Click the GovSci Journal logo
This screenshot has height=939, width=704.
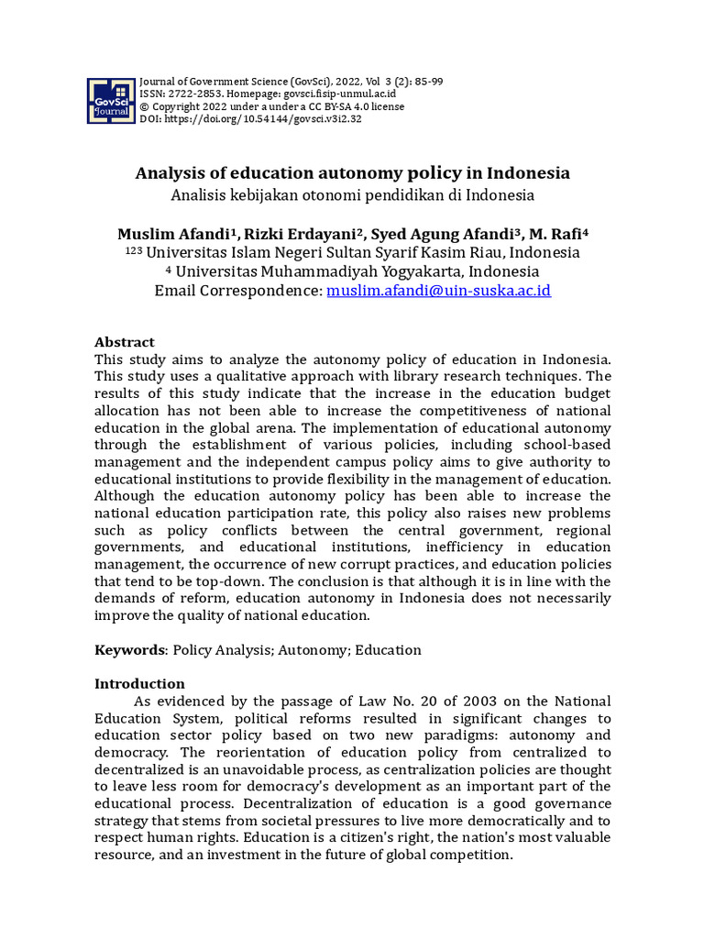pyautogui.click(x=111, y=100)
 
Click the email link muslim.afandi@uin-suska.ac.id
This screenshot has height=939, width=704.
pyautogui.click(x=439, y=291)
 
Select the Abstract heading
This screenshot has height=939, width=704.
pyautogui.click(x=125, y=342)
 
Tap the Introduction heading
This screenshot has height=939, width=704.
pyautogui.click(x=139, y=683)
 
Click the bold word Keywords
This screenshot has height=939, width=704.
pyautogui.click(x=128, y=650)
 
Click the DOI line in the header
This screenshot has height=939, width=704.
pyautogui.click(x=250, y=118)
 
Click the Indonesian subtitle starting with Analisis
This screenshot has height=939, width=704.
pyautogui.click(x=352, y=194)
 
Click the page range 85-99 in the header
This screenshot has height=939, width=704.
pyautogui.click(x=427, y=81)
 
